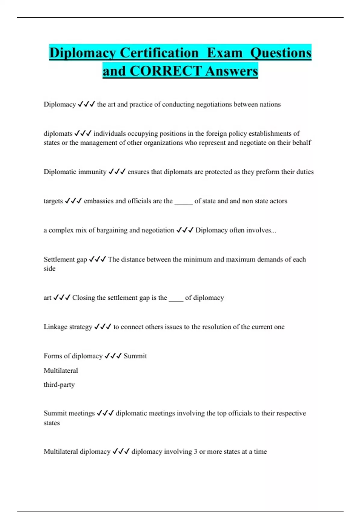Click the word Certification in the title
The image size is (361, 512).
point(159,53)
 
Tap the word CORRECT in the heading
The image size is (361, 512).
point(165,71)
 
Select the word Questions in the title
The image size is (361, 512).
point(281,53)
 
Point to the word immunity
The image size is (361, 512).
point(92,172)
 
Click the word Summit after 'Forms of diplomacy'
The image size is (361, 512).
point(135,356)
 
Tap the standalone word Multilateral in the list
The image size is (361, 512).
point(61,371)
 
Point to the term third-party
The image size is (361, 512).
point(59,385)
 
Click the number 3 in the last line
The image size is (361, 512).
point(196,452)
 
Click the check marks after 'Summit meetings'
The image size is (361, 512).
point(105,413)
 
